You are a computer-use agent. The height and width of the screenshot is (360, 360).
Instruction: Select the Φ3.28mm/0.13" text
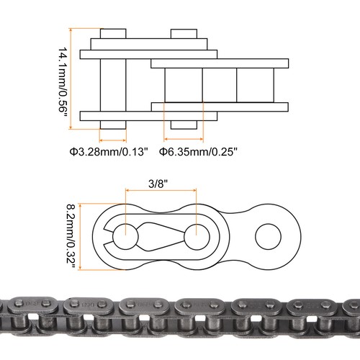108,152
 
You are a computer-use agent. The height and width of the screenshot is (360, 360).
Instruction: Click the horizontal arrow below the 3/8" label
162,191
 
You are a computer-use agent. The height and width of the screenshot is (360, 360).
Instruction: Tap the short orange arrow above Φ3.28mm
112,139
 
